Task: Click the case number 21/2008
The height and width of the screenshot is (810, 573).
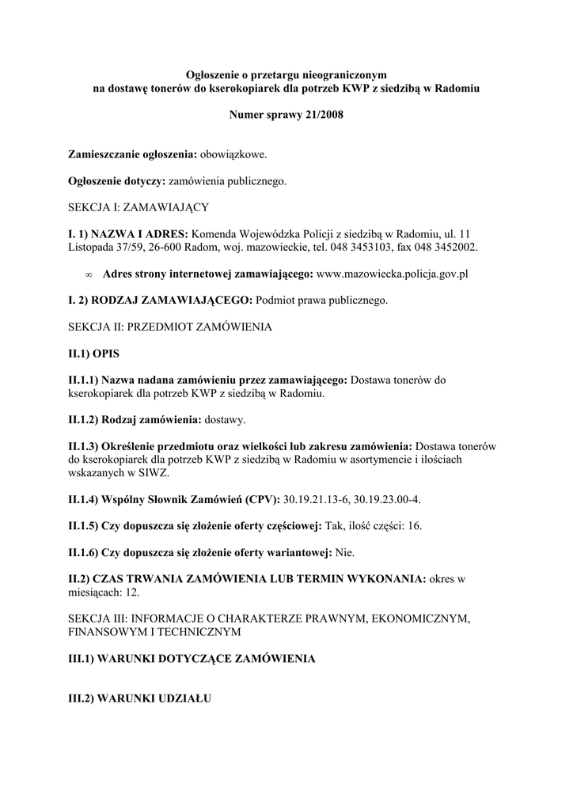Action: [324, 115]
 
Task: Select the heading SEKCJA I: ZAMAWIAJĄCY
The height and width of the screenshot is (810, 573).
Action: [139, 206]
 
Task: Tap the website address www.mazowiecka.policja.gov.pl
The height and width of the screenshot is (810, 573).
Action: [393, 274]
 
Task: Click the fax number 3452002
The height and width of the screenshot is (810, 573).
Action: [454, 248]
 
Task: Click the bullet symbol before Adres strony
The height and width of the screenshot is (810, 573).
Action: [87, 274]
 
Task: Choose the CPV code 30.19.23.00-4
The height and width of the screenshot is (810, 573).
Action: [389, 499]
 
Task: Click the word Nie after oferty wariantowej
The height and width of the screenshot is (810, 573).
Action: [345, 551]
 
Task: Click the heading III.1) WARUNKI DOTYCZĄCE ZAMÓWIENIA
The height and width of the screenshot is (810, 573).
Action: [192, 659]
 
